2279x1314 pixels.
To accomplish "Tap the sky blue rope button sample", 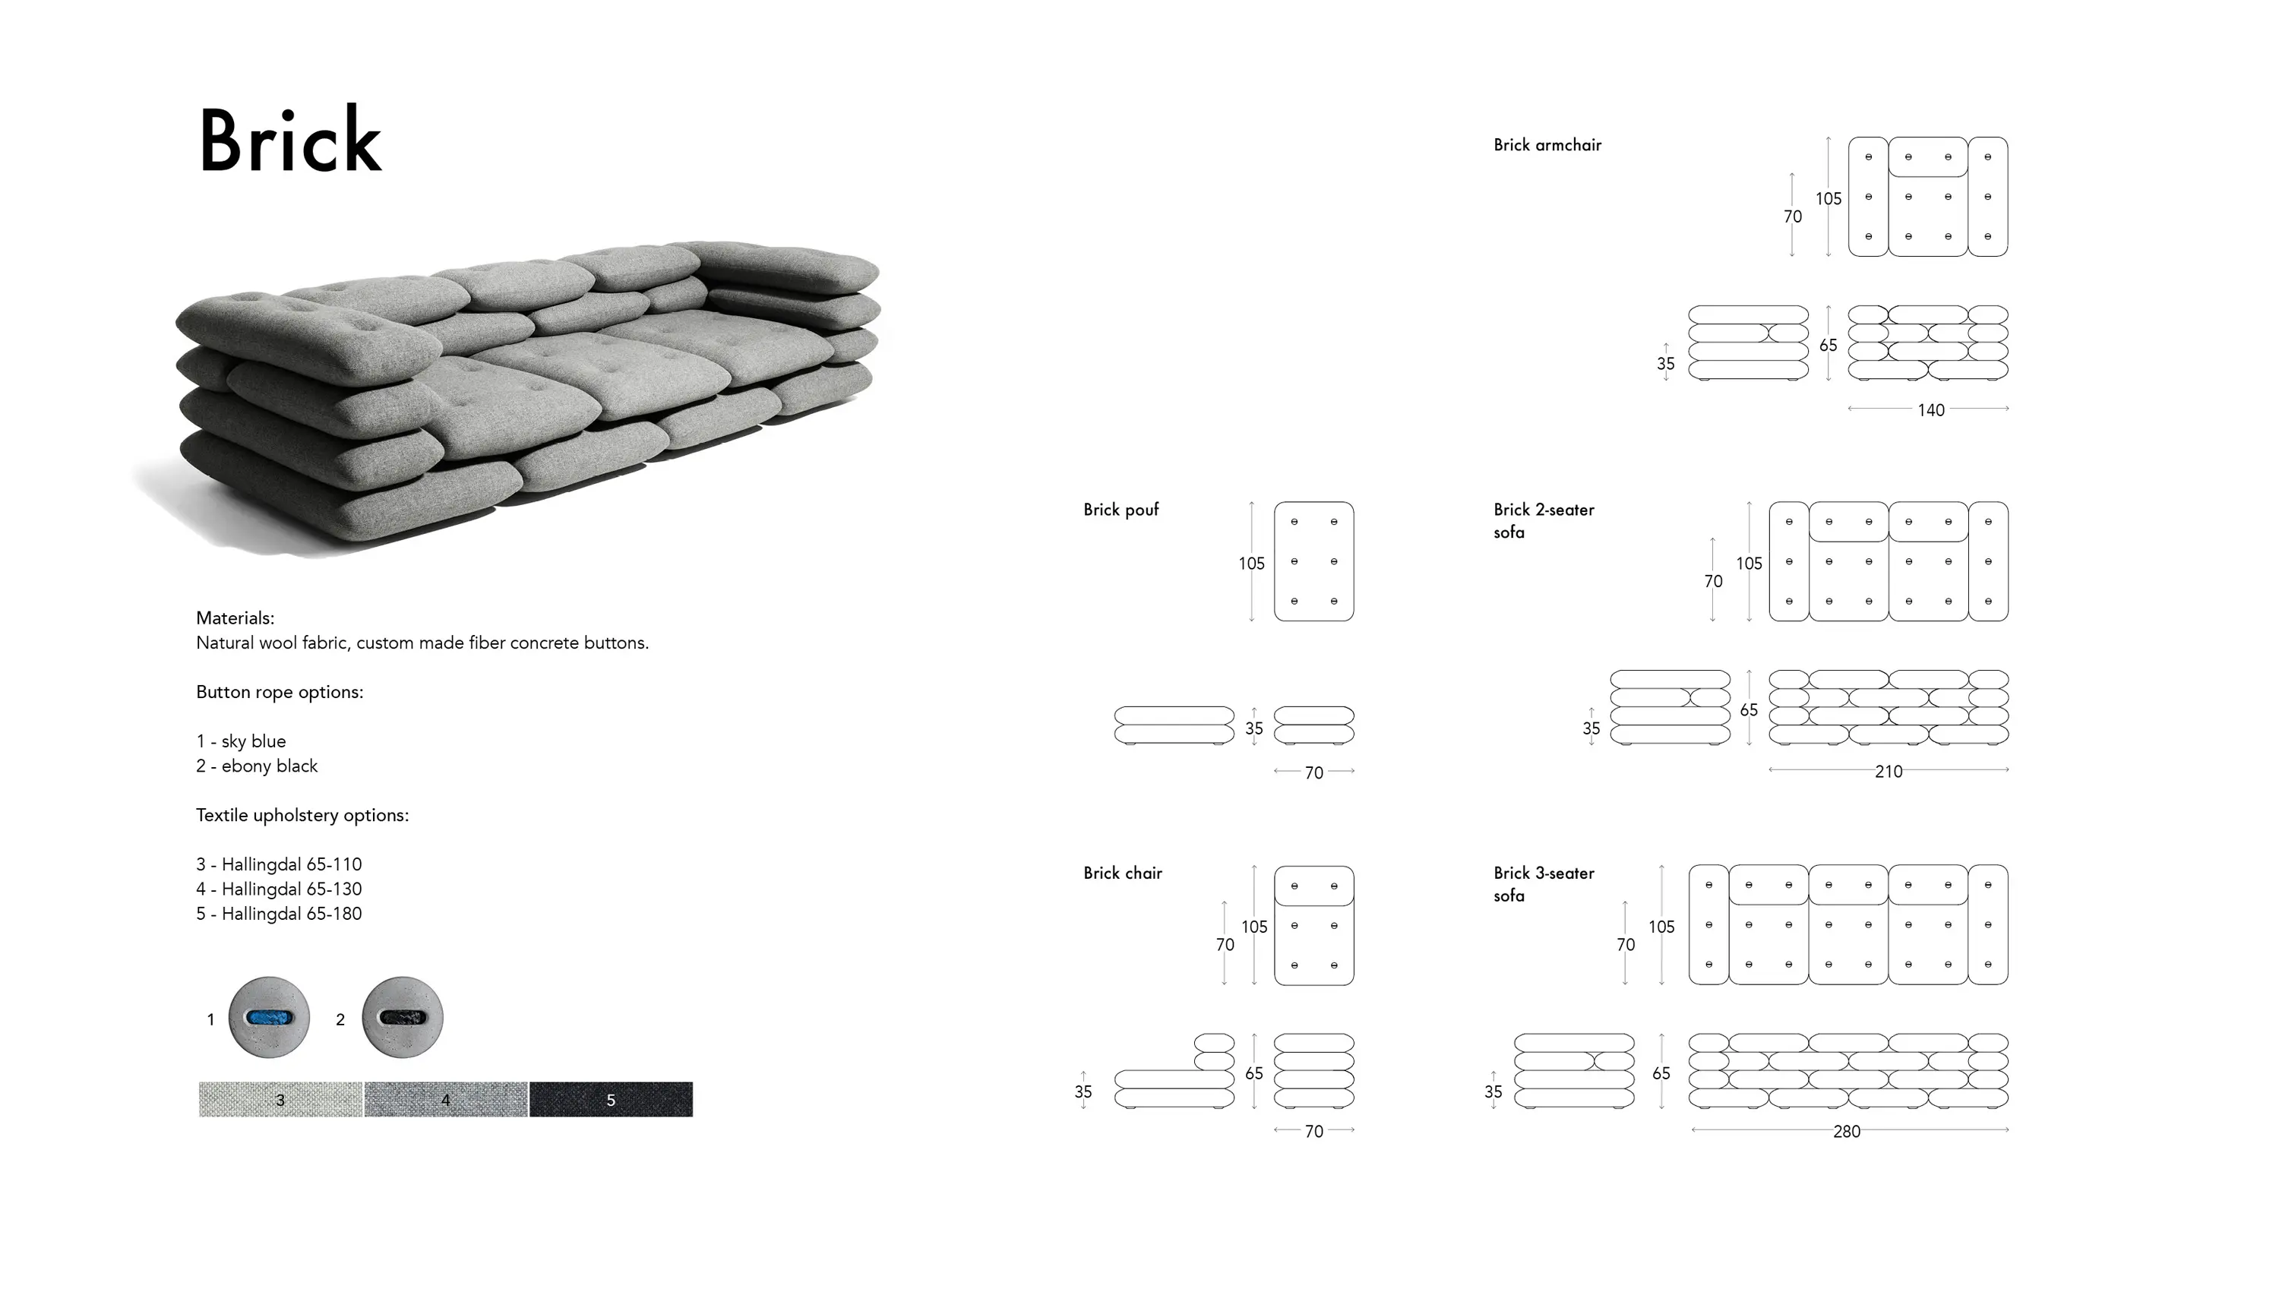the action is point(269,1017).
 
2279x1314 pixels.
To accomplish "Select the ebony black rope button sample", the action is point(403,1017).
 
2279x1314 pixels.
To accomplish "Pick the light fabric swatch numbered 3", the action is point(281,1099).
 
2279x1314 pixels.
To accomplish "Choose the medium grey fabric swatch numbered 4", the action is point(446,1099).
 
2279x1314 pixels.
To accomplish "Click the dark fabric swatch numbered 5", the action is point(611,1099).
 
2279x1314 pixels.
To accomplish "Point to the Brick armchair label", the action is point(1547,144).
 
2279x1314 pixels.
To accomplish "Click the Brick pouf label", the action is point(1121,510).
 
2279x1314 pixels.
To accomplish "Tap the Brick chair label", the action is point(1123,873).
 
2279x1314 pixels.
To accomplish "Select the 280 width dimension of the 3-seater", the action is point(1847,1131).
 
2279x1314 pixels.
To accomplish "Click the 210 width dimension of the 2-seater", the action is point(1889,772).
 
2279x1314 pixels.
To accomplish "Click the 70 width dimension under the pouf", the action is point(1314,772).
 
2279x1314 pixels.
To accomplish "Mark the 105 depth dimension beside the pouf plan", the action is point(1251,563).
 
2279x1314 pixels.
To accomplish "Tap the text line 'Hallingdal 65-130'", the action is point(292,889).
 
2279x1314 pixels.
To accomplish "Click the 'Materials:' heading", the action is point(235,618).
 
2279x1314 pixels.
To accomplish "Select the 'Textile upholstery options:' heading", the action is point(302,815).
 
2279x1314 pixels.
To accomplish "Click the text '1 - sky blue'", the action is point(241,741).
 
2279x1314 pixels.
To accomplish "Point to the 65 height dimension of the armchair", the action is point(1829,345).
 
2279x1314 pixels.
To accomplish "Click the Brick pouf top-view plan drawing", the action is point(1314,561).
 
